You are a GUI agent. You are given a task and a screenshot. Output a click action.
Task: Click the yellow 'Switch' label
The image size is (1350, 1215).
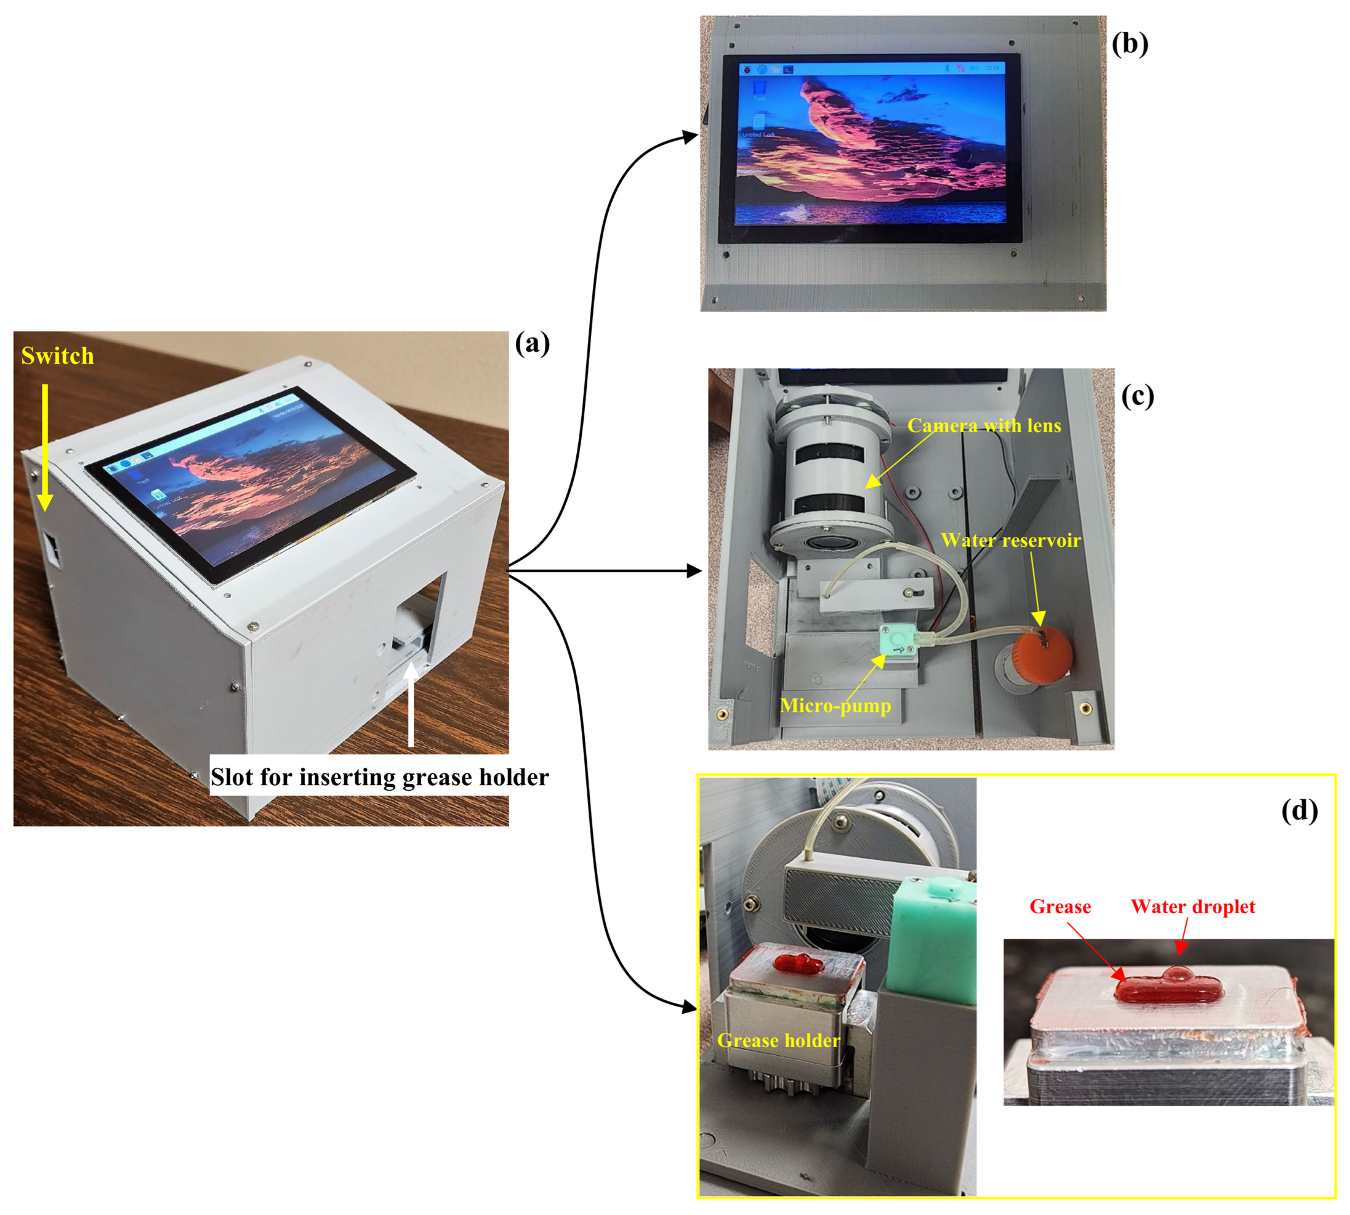click(57, 356)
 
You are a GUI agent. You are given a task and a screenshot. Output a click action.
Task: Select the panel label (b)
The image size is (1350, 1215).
click(1130, 44)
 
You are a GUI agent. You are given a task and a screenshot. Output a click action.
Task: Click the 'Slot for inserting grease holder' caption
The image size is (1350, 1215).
click(379, 777)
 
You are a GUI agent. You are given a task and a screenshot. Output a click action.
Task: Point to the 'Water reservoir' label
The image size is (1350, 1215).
click(1010, 540)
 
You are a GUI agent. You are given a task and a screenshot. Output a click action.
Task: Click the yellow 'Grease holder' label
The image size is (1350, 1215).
click(778, 1040)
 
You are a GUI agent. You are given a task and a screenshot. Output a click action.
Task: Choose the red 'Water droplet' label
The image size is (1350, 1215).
click(1192, 906)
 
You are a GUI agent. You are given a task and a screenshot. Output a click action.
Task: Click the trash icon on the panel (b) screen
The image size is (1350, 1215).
click(758, 87)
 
